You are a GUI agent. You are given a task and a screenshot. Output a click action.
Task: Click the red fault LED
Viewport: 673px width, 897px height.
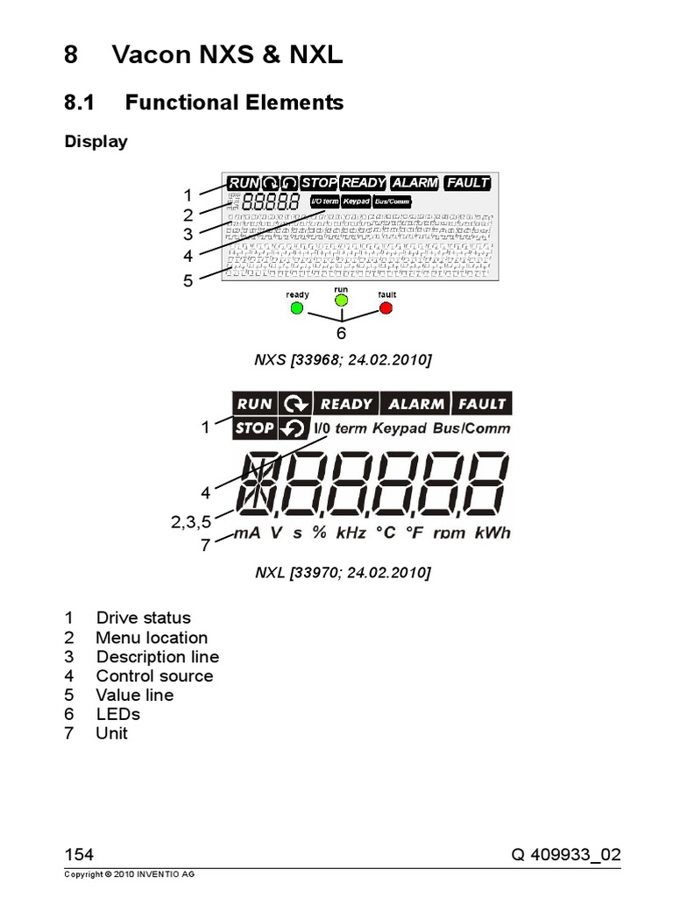tap(386, 308)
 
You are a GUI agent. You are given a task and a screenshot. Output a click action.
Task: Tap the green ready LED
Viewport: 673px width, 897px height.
tap(297, 308)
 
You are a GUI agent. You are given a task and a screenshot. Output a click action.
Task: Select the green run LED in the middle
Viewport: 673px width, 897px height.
tap(342, 301)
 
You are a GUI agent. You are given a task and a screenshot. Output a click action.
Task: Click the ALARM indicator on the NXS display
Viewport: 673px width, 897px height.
tap(414, 183)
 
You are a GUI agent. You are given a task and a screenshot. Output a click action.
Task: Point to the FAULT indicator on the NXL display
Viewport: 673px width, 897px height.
tap(481, 404)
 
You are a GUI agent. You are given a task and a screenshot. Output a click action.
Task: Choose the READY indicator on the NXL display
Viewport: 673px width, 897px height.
tap(346, 404)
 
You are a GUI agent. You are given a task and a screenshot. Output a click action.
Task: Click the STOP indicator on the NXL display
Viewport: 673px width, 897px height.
tap(255, 428)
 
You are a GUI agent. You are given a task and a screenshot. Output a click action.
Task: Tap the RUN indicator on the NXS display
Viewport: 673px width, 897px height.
tap(244, 183)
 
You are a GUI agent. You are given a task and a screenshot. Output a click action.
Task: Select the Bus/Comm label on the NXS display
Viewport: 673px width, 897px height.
tap(392, 201)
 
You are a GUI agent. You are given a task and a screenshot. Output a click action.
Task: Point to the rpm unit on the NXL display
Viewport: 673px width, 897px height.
tap(449, 533)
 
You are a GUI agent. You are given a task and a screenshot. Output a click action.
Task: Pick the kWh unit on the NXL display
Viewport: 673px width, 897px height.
tap(491, 533)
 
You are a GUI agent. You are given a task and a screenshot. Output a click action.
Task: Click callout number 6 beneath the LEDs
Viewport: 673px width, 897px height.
tap(342, 335)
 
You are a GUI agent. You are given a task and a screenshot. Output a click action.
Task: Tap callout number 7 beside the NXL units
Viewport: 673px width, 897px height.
tap(205, 545)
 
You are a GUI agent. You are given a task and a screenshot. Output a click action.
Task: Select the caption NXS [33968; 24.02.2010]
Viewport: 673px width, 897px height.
tap(343, 361)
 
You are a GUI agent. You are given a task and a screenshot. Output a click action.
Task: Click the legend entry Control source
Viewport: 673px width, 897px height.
tap(154, 675)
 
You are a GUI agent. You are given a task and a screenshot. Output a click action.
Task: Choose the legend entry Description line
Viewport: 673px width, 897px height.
tap(158, 657)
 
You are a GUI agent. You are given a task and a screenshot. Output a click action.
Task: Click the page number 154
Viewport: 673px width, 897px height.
tap(79, 855)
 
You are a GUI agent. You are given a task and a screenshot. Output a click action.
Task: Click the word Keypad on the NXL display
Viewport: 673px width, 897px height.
tap(399, 428)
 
